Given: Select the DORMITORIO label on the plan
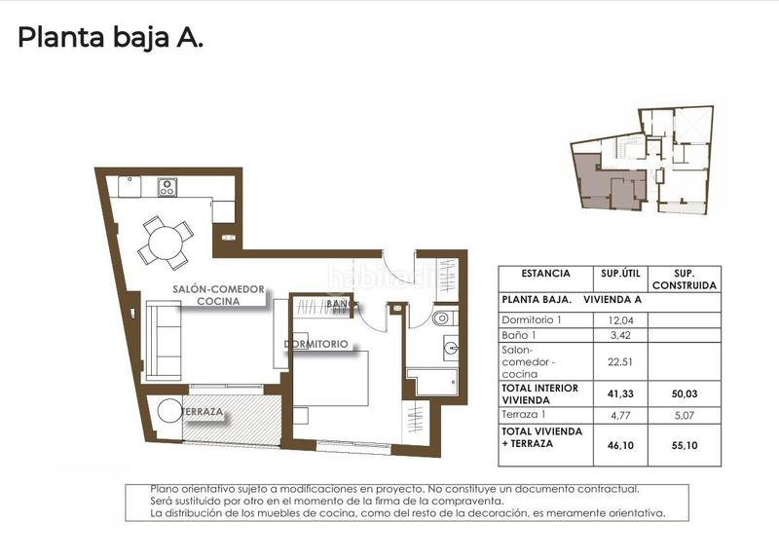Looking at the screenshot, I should (317, 345).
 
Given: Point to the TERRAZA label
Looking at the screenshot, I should (203, 413).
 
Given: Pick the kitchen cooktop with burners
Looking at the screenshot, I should (167, 185).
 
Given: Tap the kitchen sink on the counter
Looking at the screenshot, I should (130, 185).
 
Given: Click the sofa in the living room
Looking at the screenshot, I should (165, 340).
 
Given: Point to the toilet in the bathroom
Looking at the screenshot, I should (441, 317).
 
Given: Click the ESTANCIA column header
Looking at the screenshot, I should (545, 274).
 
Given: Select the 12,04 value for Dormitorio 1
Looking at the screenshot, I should (621, 320).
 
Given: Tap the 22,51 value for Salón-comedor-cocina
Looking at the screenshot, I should (621, 361).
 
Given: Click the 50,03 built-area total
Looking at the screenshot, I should (685, 393).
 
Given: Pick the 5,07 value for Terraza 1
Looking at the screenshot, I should (685, 415).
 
